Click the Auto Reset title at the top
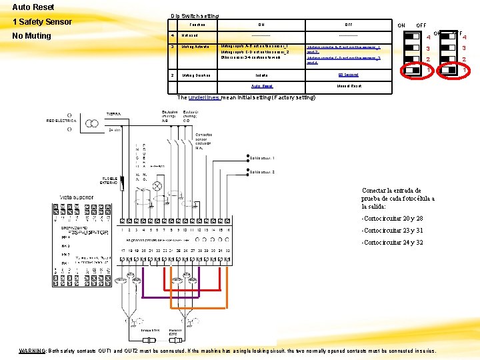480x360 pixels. pyautogui.click(x=33, y=7)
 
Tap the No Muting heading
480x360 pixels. pyautogui.click(x=32, y=35)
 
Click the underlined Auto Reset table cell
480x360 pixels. pyautogui.click(x=261, y=86)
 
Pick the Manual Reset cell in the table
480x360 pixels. pyautogui.click(x=349, y=86)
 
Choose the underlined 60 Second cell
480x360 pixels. pyautogui.click(x=348, y=75)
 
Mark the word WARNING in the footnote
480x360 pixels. pyautogui.click(x=32, y=351)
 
